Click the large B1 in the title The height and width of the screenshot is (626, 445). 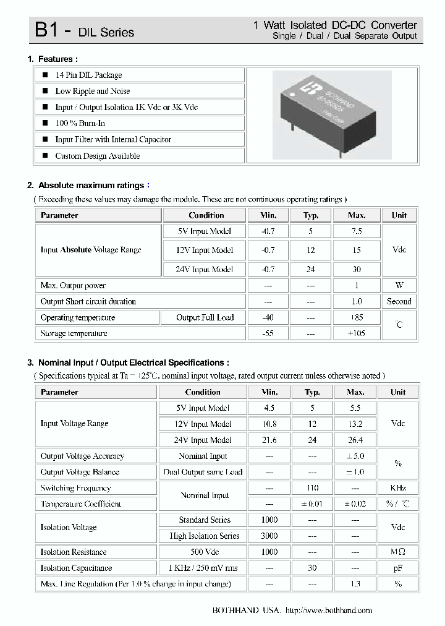coord(48,30)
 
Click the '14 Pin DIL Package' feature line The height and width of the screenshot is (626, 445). coord(88,75)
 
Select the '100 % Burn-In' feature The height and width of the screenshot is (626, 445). coord(80,123)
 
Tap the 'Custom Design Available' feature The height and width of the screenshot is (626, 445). coord(97,156)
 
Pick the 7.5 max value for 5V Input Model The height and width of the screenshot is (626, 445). coord(356,231)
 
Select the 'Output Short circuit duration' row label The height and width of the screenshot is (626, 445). coord(88,301)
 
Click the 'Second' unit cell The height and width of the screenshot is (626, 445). coord(399,301)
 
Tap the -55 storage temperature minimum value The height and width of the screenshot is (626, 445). coord(268,333)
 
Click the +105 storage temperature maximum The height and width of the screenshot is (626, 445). coord(356,333)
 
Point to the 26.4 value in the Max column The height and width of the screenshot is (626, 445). coord(355,440)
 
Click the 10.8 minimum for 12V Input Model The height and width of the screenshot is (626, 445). coord(269,424)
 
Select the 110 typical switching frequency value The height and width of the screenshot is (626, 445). coord(312,487)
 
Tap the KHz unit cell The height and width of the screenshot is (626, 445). coord(398,487)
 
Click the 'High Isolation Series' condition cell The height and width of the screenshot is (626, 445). coord(204,536)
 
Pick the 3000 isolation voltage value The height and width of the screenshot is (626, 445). coord(269,536)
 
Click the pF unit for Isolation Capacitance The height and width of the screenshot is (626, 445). coord(398,568)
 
